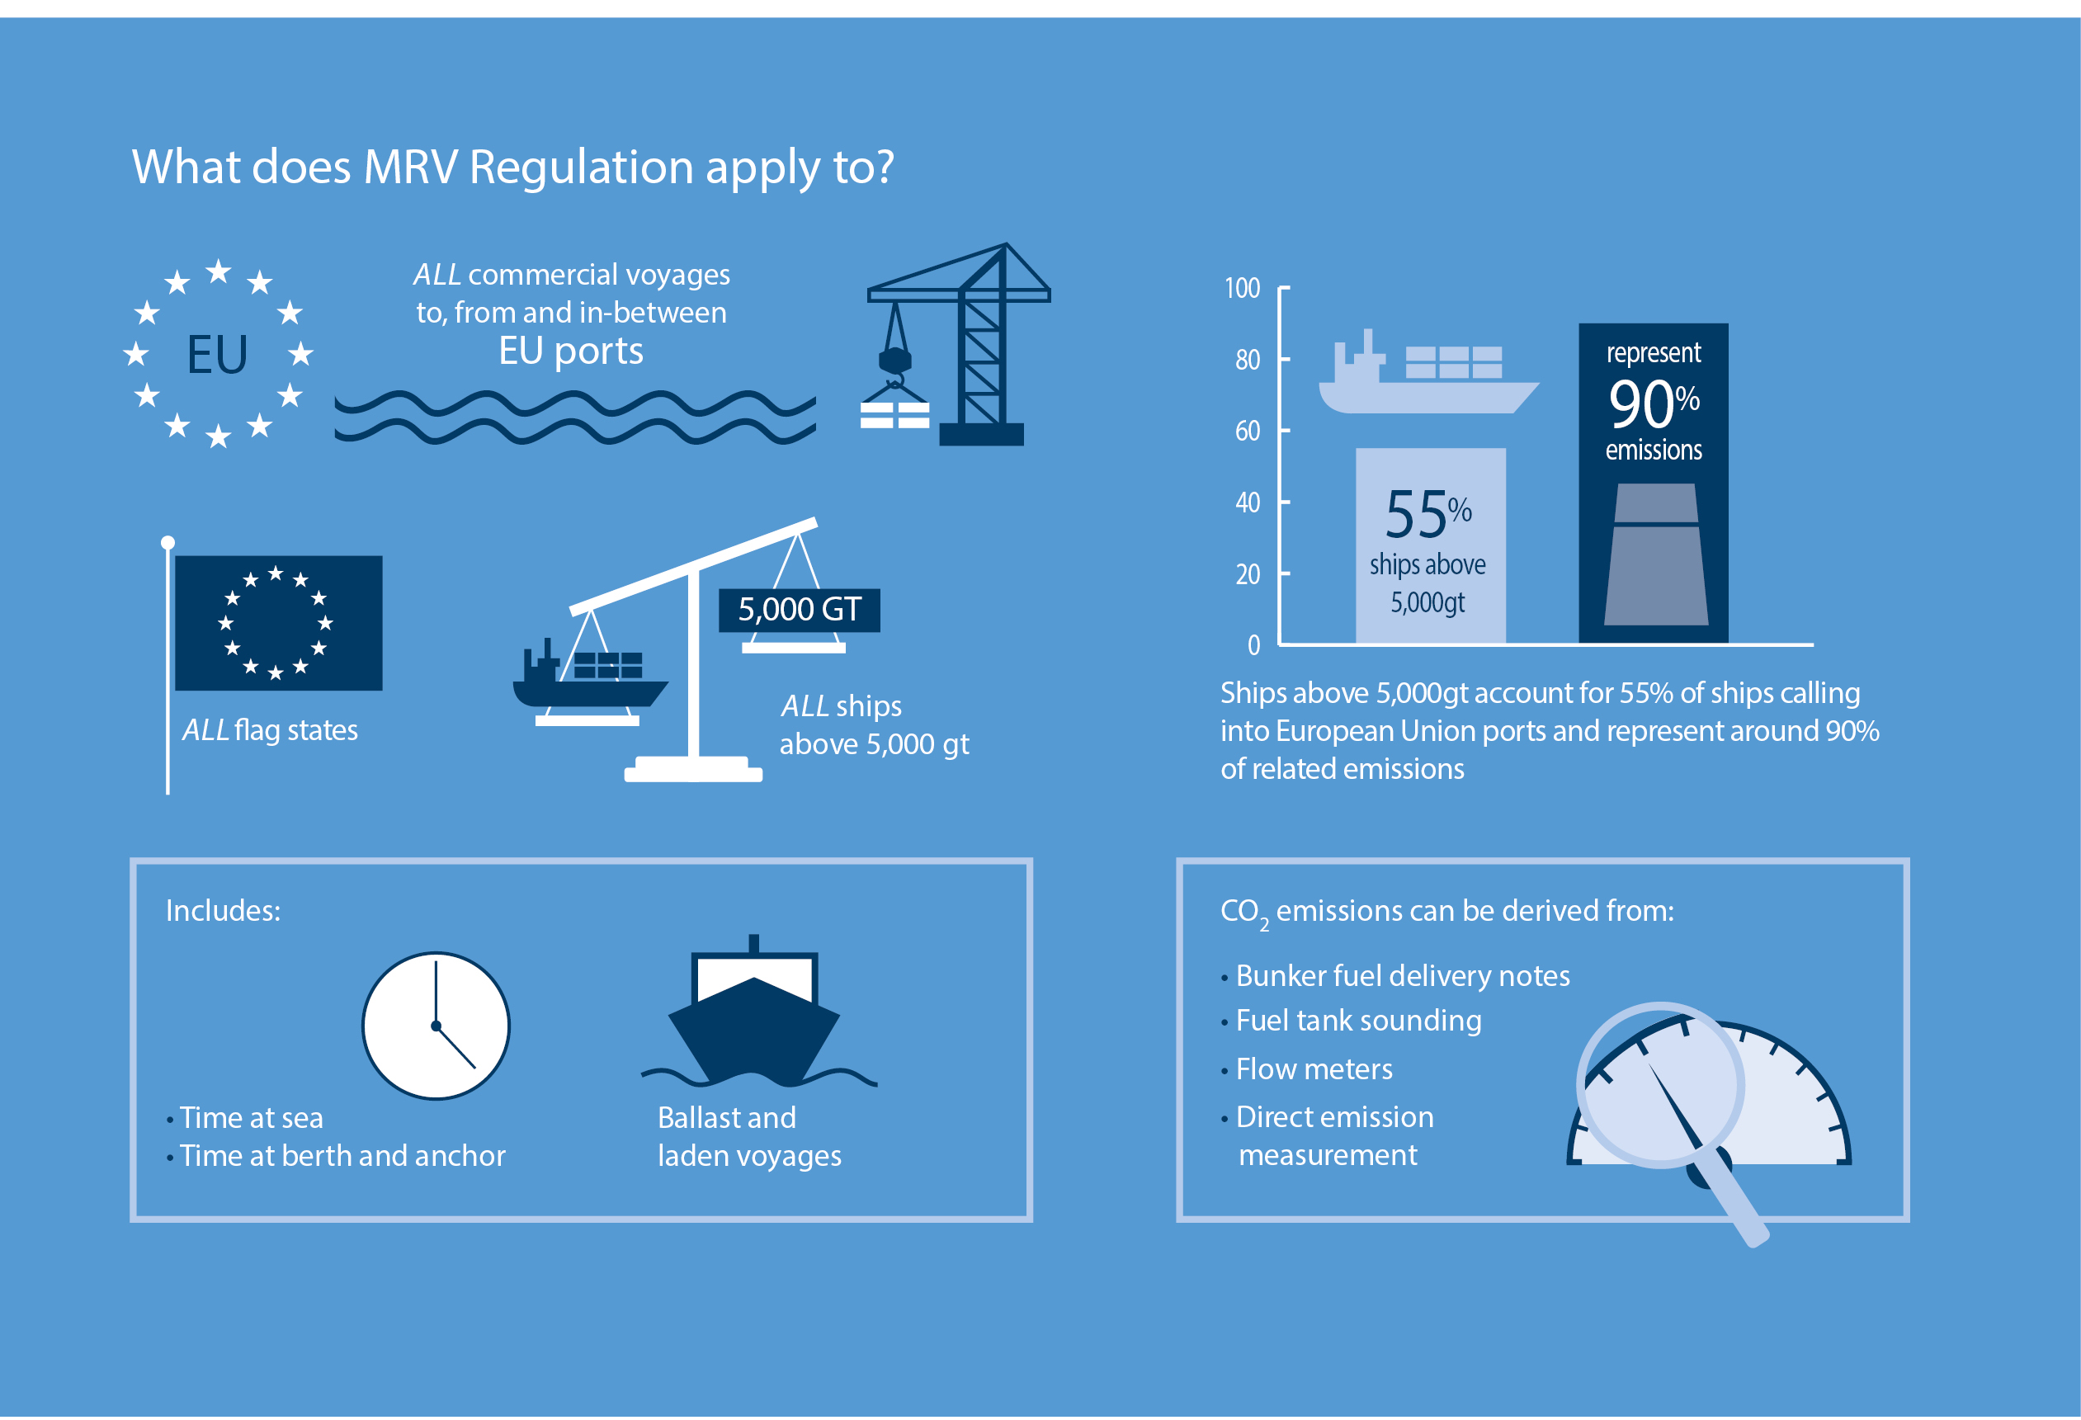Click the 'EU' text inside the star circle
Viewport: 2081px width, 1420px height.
pyautogui.click(x=217, y=354)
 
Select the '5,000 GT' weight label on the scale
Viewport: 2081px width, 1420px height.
pyautogui.click(x=799, y=610)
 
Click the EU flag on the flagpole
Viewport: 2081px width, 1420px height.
pyautogui.click(x=278, y=622)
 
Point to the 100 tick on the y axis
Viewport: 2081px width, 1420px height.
pyautogui.click(x=1284, y=287)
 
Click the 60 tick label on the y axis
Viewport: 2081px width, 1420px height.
pyautogui.click(x=1248, y=431)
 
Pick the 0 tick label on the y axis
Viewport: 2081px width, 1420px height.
pyautogui.click(x=1253, y=644)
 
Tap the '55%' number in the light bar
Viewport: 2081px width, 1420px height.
pyautogui.click(x=1428, y=514)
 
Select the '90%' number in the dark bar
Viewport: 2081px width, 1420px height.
pyautogui.click(x=1654, y=403)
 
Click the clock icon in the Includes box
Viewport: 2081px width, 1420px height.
pyautogui.click(x=436, y=1025)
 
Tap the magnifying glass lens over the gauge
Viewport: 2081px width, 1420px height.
pyautogui.click(x=1661, y=1085)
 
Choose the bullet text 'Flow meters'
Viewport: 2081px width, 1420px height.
pyautogui.click(x=1314, y=1069)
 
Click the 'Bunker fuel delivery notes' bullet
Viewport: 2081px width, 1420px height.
pyautogui.click(x=1402, y=975)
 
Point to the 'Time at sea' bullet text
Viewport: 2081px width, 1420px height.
pyautogui.click(x=251, y=1117)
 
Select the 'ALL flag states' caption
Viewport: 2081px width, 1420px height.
pyautogui.click(x=270, y=729)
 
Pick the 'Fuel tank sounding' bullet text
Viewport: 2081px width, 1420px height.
pyautogui.click(x=1358, y=1021)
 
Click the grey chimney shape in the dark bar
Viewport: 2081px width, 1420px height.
pyautogui.click(x=1656, y=554)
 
